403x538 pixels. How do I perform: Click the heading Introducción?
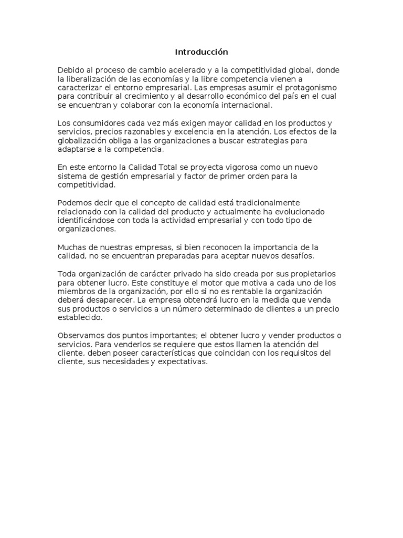point(201,52)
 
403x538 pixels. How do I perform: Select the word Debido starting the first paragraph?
point(70,70)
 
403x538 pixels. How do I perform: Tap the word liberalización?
point(89,79)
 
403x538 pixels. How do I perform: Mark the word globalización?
point(81,141)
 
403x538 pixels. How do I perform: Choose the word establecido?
point(80,318)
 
